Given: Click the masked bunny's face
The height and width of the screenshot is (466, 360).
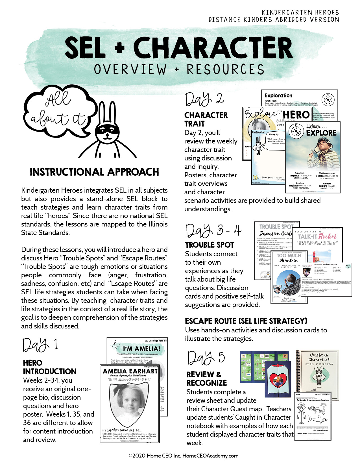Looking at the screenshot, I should (106, 133).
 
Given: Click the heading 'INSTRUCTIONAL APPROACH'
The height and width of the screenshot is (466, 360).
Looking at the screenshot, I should (94, 172).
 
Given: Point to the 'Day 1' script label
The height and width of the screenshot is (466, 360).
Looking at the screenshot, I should (40, 345).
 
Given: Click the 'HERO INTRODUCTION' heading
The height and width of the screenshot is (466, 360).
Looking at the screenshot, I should (50, 367).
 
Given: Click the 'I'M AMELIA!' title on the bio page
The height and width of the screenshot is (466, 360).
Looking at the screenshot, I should (141, 349).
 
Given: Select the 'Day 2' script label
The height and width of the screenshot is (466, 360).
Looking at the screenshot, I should (204, 99).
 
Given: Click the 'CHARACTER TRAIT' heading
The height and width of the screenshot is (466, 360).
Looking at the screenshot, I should (206, 119).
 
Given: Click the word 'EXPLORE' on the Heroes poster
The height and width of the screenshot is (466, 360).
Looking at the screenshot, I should (321, 133).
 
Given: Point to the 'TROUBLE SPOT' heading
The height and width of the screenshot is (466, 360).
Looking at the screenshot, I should (210, 245).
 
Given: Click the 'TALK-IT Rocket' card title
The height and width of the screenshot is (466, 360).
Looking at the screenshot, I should (317, 237).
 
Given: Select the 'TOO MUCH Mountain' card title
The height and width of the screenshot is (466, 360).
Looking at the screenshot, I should (289, 258).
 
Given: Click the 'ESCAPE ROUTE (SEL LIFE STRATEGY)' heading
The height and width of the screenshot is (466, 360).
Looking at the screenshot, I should (246, 321).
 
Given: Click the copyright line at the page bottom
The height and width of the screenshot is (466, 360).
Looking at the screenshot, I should (184, 456).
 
